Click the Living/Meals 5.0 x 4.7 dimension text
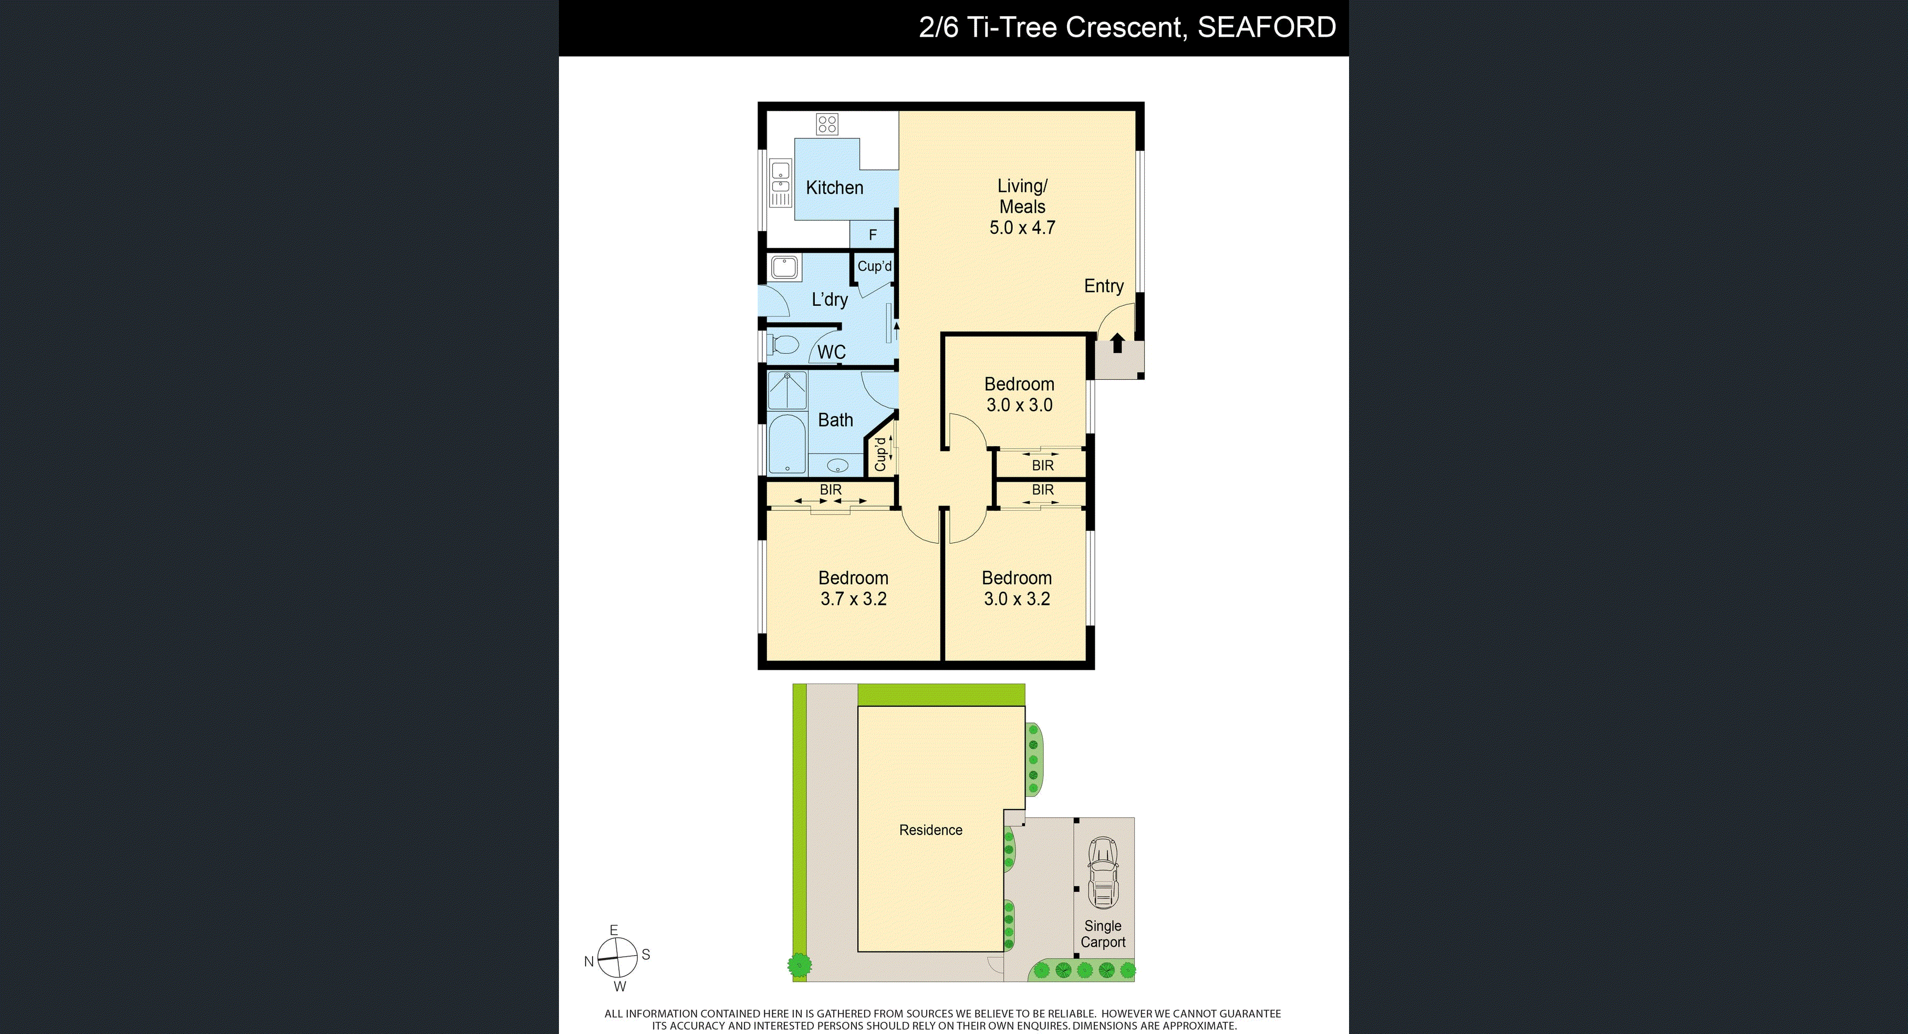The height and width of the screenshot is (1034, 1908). point(1022,228)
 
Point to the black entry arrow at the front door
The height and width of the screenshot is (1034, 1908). point(1117,343)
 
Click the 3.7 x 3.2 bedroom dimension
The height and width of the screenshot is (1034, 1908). point(853,598)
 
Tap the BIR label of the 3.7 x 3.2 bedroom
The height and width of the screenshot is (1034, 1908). point(831,490)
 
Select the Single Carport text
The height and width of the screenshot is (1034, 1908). point(1103,934)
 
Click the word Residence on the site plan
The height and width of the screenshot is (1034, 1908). point(930,830)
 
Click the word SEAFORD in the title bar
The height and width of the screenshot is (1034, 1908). point(1267,27)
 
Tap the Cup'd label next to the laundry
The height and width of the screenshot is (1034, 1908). point(875,266)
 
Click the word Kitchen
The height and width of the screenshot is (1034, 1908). point(835,188)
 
